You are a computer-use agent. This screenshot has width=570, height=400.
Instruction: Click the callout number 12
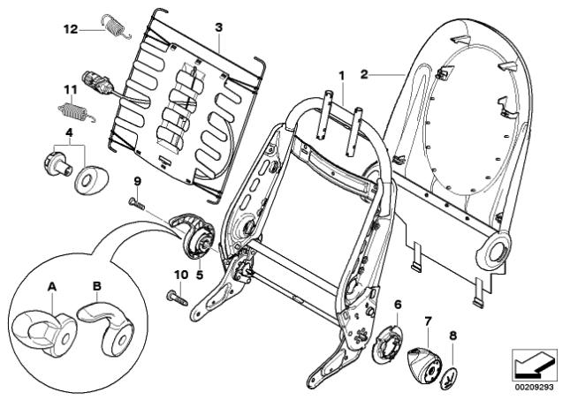[x=71, y=28]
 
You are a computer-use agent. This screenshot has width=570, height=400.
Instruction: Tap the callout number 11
[x=70, y=89]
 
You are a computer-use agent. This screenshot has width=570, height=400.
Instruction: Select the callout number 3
[x=219, y=28]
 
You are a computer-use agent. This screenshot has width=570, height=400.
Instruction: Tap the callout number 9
[x=137, y=182]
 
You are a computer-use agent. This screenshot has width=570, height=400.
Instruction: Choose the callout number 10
[x=180, y=275]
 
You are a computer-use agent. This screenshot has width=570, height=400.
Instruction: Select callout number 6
[x=398, y=305]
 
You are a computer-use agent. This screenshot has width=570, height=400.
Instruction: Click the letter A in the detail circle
[x=51, y=286]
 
